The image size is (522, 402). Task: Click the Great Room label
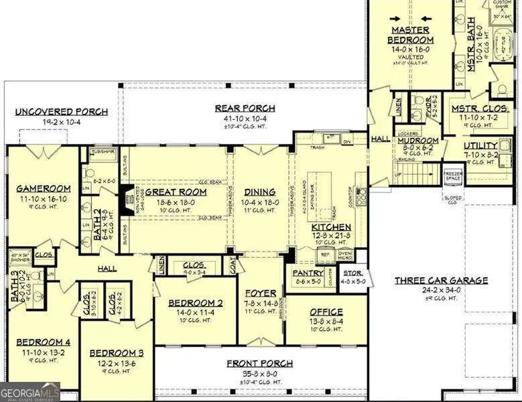176,192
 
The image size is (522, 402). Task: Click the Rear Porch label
245,108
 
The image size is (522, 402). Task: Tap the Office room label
326,312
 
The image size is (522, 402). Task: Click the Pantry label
308,273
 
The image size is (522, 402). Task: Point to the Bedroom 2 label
190,302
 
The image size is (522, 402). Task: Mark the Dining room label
260,192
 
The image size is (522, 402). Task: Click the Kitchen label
331,228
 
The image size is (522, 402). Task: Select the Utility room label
480,145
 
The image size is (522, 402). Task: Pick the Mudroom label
418,141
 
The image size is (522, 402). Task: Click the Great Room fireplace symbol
125,200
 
